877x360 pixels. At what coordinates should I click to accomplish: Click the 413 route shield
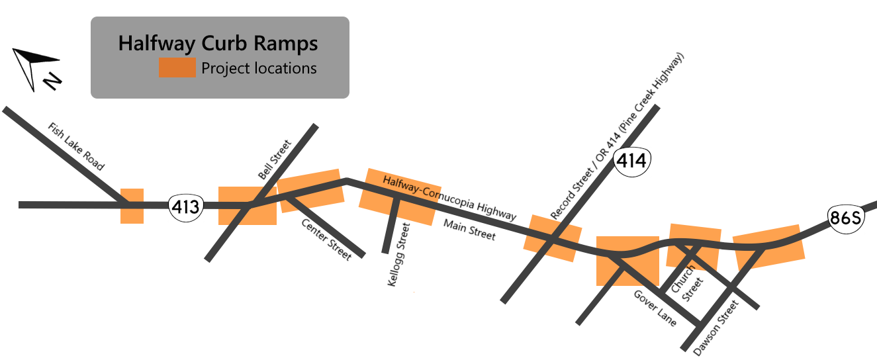185,207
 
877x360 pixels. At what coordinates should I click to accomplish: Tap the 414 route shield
632,161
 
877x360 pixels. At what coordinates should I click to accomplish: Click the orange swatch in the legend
177,68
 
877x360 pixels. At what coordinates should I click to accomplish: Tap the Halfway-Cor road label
411,186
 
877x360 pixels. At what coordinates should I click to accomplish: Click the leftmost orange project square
132,206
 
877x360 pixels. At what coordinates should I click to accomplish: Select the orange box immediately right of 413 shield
247,206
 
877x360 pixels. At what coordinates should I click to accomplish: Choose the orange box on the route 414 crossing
552,238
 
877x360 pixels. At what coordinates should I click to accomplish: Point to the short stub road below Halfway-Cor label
391,228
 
